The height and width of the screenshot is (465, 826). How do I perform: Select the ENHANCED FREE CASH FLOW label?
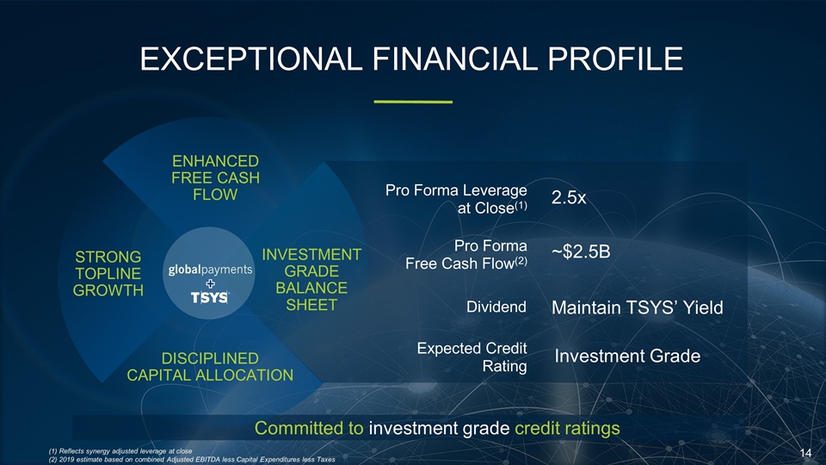click(215, 177)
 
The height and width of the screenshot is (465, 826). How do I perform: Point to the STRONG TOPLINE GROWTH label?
click(108, 273)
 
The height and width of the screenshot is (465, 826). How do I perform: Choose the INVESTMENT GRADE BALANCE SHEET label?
click(311, 280)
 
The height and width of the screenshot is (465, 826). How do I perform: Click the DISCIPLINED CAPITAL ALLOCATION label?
click(210, 366)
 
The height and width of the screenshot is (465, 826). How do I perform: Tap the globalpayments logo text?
click(210, 270)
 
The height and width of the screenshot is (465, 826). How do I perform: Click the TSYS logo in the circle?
click(210, 297)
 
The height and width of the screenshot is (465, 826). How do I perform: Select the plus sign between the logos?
click(210, 283)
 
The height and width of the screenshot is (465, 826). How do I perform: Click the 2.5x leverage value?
click(569, 198)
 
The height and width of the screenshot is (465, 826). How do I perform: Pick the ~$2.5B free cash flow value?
click(581, 252)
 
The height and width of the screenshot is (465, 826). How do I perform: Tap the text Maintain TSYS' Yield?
click(635, 307)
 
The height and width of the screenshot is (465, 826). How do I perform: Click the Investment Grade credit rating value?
click(627, 356)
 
